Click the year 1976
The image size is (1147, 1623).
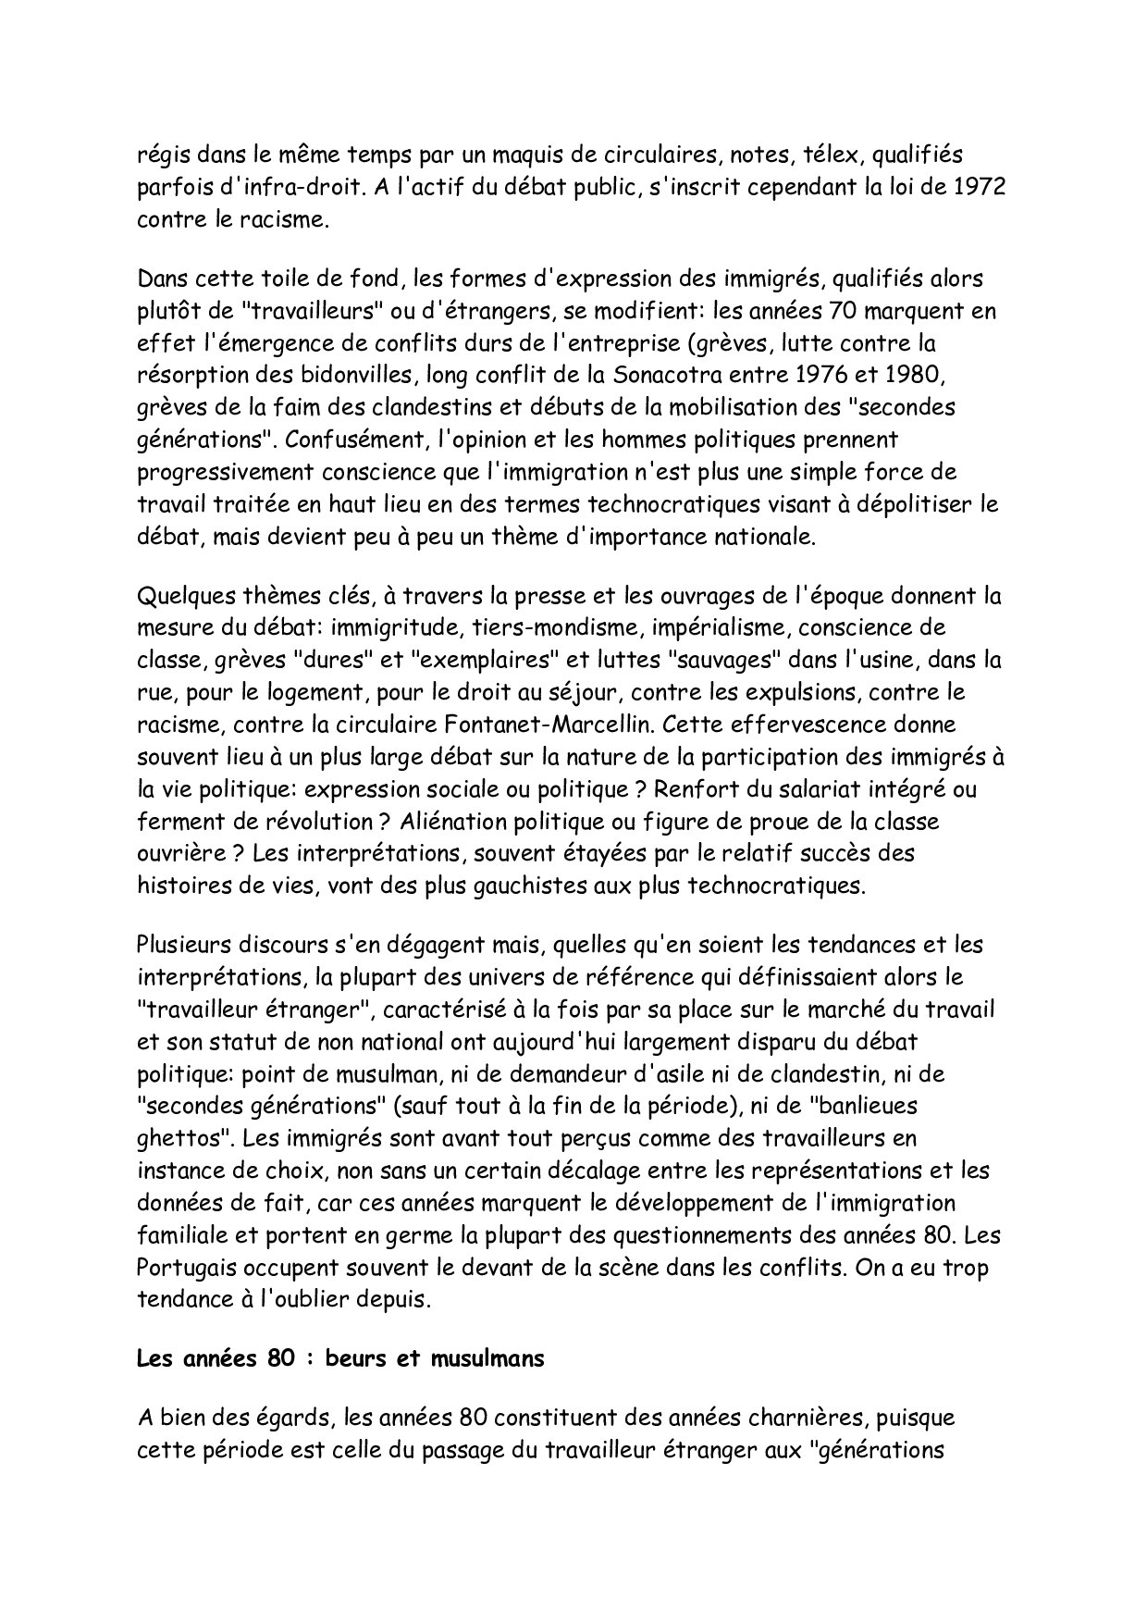[846, 376]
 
